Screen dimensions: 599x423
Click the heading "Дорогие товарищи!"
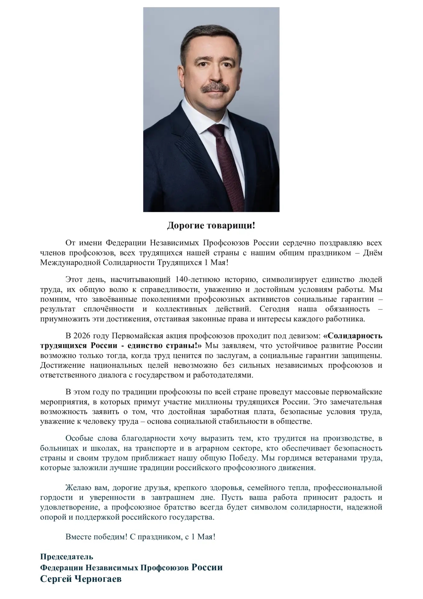point(211,225)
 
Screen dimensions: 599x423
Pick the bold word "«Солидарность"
point(353,336)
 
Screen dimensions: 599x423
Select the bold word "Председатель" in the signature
point(67,557)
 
